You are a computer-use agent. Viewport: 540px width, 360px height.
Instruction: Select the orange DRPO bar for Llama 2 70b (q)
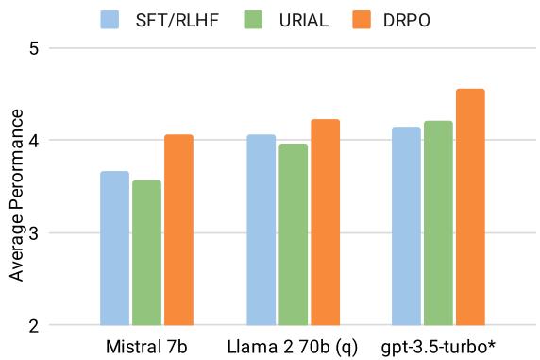[325, 222]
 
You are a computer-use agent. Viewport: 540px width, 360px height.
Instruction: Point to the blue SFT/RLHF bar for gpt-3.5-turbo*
[407, 226]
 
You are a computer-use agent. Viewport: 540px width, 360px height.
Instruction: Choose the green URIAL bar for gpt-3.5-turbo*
[439, 223]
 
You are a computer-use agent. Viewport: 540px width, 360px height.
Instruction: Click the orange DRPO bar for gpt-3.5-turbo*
[470, 207]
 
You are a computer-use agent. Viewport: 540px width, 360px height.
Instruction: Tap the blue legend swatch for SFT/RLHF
[110, 18]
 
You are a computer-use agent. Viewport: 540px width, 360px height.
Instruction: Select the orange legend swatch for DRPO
[365, 18]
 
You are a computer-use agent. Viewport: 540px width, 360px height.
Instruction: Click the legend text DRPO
[413, 18]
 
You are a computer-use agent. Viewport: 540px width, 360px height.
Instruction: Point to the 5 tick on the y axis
[33, 48]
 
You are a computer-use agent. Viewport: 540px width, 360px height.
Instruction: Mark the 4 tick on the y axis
[33, 141]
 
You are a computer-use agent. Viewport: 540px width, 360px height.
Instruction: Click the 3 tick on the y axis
[33, 233]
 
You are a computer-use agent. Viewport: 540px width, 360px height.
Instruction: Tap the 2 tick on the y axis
[33, 326]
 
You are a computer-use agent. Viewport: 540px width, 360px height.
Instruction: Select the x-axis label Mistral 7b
[146, 347]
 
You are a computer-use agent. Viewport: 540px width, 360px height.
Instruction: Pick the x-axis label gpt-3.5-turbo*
[439, 347]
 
